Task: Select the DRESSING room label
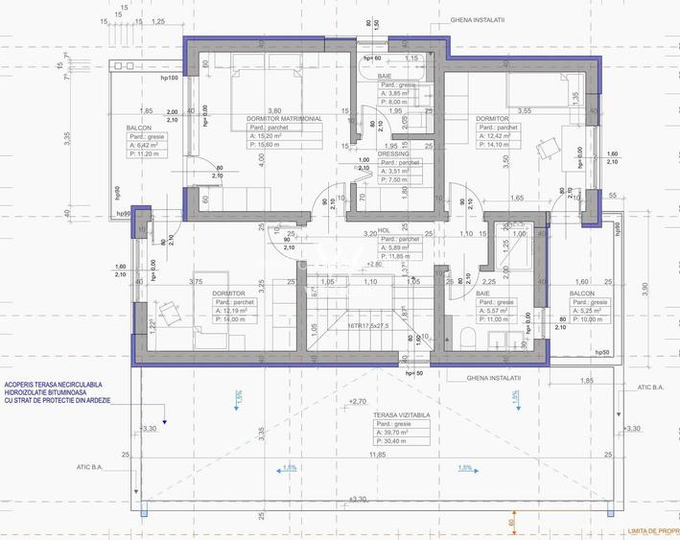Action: click(x=393, y=153)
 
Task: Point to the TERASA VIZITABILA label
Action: click(x=401, y=415)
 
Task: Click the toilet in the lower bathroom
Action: click(x=465, y=338)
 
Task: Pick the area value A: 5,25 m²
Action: click(x=585, y=310)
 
